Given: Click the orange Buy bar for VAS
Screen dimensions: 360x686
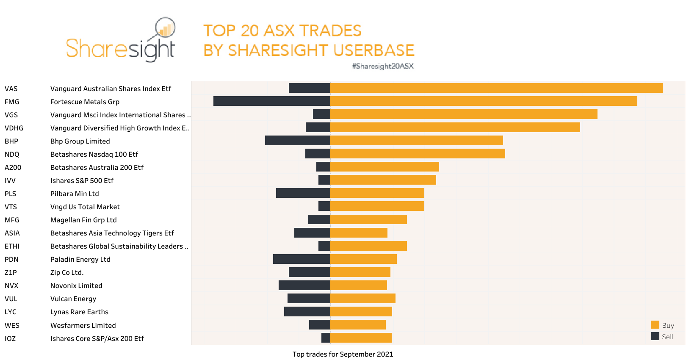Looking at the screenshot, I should (x=496, y=88).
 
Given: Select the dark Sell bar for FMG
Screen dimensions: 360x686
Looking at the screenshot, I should (x=272, y=101).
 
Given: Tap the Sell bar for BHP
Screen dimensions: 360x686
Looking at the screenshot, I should (x=298, y=140).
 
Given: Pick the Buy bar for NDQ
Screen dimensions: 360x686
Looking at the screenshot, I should (x=418, y=153).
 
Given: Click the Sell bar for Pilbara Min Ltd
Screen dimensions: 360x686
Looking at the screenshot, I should (x=303, y=193).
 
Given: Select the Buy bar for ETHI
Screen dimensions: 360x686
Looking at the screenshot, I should (x=368, y=246).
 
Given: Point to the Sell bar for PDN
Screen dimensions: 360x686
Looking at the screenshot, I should (x=302, y=259).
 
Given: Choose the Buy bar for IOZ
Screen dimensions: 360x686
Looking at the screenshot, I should (x=361, y=338).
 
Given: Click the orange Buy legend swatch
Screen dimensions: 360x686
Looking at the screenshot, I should (x=655, y=325).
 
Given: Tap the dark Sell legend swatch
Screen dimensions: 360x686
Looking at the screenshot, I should (x=655, y=336).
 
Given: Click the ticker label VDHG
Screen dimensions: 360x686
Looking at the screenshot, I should (x=14, y=128).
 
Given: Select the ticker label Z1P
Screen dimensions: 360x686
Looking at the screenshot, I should (x=11, y=272).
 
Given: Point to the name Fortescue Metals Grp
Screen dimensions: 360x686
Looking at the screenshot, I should (x=85, y=102).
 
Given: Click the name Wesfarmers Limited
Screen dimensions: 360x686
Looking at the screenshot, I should (x=83, y=325).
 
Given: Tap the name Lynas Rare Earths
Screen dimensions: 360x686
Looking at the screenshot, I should (x=79, y=312).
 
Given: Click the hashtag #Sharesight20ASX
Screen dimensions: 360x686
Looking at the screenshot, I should (x=383, y=66).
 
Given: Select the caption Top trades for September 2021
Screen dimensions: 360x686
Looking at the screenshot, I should (x=343, y=354).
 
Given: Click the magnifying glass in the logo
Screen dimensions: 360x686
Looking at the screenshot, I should (x=165, y=28).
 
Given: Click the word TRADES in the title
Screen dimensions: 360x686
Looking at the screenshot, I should (x=330, y=30).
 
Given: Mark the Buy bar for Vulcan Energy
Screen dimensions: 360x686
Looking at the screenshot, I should (x=363, y=298).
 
